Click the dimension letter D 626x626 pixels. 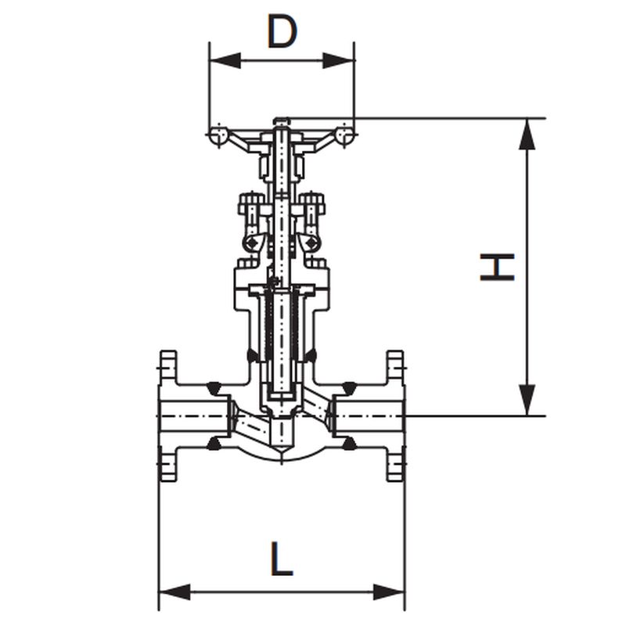coord(282,31)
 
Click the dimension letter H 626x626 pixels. coord(497,267)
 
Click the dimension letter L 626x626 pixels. coord(282,559)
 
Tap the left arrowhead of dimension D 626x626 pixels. coord(225,60)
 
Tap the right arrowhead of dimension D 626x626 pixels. coord(339,60)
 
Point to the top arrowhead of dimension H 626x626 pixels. coord(527,134)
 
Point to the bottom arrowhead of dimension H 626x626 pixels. coord(527,400)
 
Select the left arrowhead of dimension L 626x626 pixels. coord(174,592)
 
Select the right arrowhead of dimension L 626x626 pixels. coord(389,592)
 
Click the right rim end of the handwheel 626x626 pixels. coord(344,135)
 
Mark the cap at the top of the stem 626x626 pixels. coord(281,121)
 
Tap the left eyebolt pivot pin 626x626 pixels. coord(251,242)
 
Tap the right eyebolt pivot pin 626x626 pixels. coord(311,242)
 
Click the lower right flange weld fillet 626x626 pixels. coord(349,443)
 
